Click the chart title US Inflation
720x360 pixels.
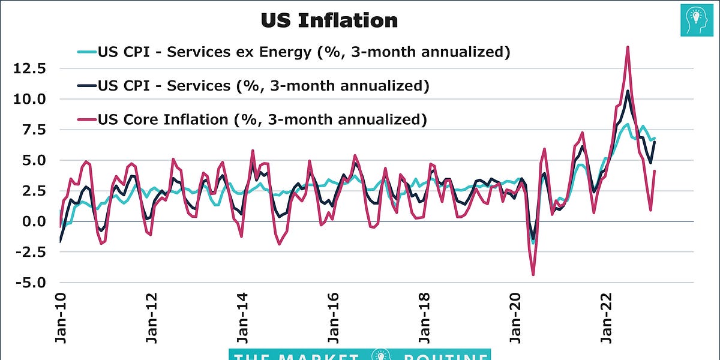point(329,20)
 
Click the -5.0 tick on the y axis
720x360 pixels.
point(31,282)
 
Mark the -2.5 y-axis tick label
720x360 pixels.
point(31,252)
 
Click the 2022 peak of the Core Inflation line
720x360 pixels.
point(628,47)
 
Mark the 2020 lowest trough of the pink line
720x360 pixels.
point(533,275)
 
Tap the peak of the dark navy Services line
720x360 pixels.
point(628,91)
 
